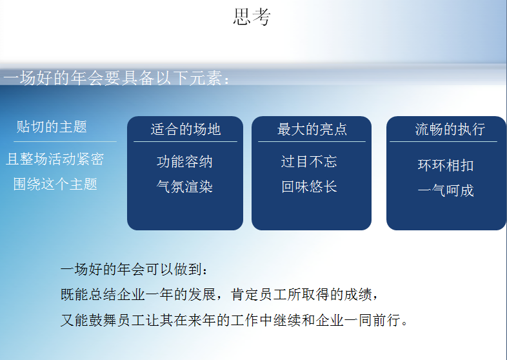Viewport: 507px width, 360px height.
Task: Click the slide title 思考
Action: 252,17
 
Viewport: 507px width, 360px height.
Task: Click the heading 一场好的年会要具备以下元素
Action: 116,79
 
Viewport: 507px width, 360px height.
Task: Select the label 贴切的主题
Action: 52,126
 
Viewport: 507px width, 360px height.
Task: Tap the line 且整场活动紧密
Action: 55,159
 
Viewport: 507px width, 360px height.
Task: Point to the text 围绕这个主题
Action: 55,184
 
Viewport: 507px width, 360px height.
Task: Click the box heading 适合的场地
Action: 186,129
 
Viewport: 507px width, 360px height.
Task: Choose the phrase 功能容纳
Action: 184,161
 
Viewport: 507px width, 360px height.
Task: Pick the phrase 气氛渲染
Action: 184,187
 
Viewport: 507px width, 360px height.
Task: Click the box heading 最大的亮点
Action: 312,129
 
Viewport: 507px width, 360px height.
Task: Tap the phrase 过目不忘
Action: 309,161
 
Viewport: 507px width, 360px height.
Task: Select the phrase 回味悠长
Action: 309,187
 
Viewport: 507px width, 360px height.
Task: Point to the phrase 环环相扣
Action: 446,165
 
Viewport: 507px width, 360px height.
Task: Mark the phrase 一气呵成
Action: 446,190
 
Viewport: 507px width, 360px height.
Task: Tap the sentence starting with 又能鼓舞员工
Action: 235,320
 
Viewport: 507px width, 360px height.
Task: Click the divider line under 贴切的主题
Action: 65,141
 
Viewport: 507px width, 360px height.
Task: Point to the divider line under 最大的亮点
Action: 312,141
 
